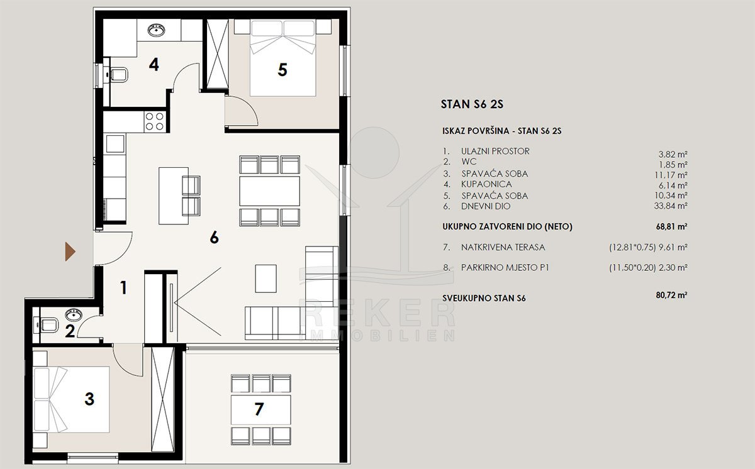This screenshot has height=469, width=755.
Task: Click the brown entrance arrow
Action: pos(70,251)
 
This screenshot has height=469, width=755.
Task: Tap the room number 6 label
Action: pos(215,238)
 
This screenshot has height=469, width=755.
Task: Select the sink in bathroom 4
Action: pos(157,30)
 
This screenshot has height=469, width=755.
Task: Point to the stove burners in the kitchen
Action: pos(154,121)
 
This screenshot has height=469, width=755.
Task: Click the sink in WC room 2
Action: pos(74,314)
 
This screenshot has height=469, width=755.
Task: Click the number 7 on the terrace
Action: pos(259,409)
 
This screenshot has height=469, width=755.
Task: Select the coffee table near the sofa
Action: pos(266,279)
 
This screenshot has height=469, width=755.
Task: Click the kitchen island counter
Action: pos(174,196)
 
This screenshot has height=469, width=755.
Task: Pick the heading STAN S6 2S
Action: pos(472,104)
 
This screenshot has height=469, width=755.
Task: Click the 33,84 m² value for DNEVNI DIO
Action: pos(671,206)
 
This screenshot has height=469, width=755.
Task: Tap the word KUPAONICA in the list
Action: pos(486,184)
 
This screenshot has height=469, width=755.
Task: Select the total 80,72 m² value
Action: pos(671,295)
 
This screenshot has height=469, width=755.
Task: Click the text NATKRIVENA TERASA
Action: pos(503,247)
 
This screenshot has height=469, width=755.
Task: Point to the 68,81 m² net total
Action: pos(671,226)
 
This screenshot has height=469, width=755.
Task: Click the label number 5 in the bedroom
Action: pos(282,70)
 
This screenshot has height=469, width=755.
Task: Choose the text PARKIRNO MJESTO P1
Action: pos(505,268)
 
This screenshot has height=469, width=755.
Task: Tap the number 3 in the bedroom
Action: pos(89,399)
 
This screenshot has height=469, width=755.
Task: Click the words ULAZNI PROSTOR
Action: pos(495,151)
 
